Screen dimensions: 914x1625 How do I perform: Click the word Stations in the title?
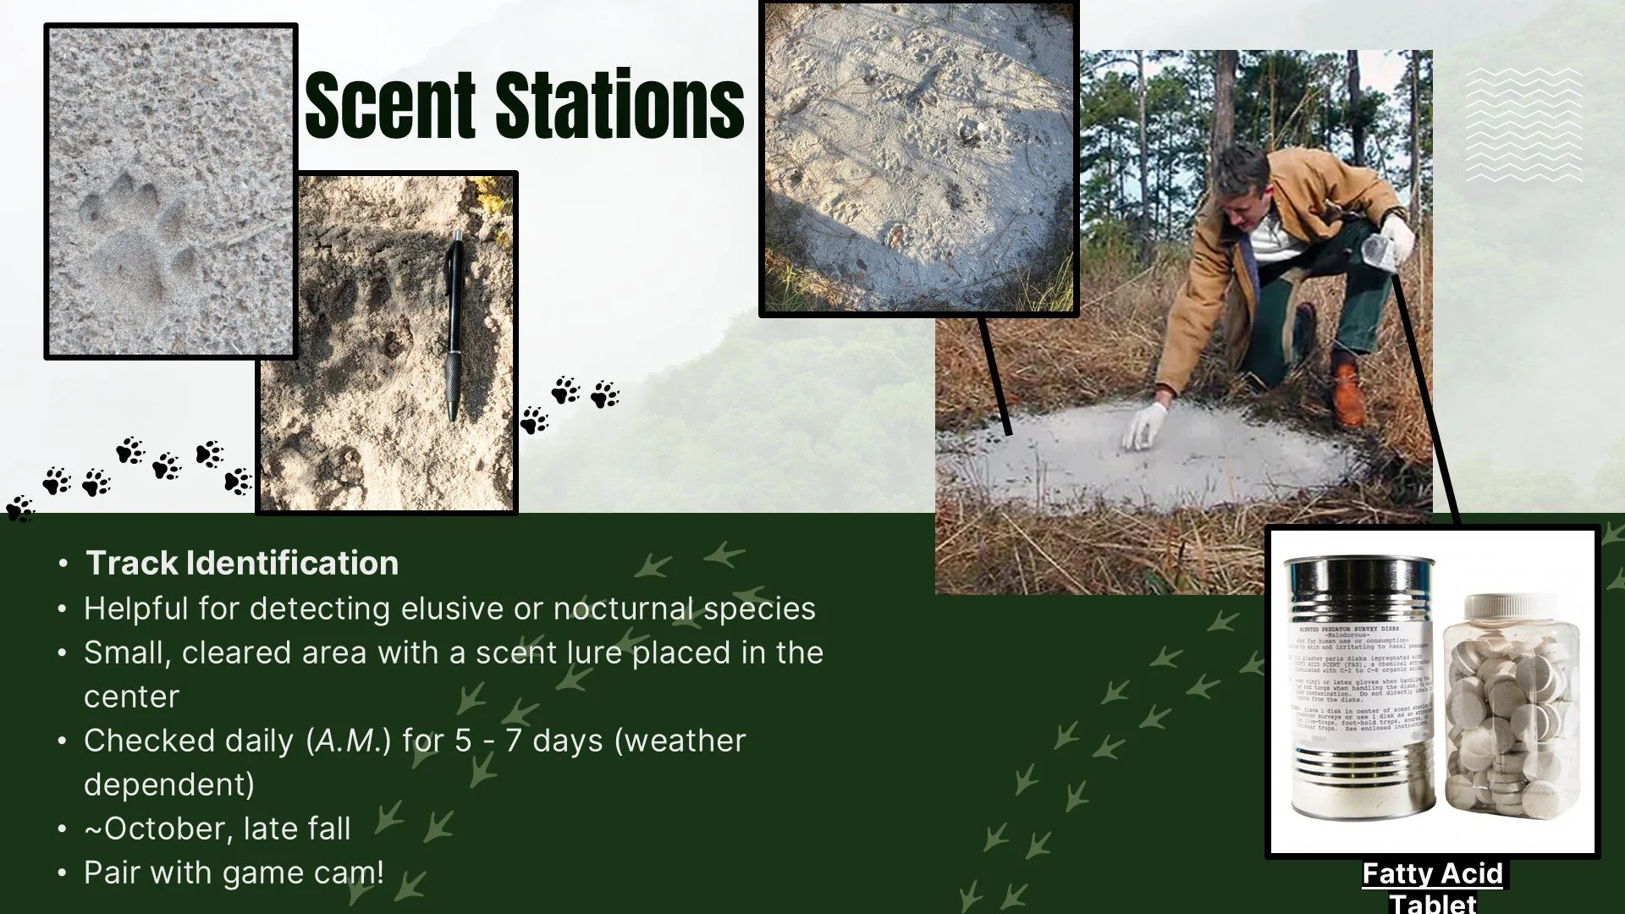tap(619, 105)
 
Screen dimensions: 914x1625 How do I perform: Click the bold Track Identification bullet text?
tap(242, 564)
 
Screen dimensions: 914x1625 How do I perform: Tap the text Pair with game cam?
tap(234, 873)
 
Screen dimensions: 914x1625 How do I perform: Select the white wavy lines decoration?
tap(1523, 124)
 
